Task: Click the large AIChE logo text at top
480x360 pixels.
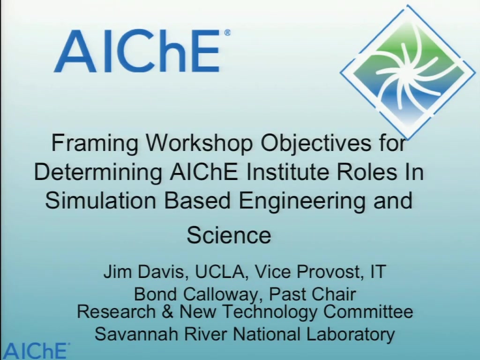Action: (x=142, y=51)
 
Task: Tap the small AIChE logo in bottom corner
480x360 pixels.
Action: (x=35, y=351)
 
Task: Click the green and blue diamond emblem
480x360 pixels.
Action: (x=408, y=72)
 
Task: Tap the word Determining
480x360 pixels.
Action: (x=98, y=172)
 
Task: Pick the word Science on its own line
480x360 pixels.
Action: (x=229, y=235)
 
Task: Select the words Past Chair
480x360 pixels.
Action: (x=312, y=294)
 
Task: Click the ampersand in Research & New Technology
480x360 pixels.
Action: (x=167, y=312)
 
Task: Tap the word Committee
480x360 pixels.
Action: (x=368, y=311)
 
